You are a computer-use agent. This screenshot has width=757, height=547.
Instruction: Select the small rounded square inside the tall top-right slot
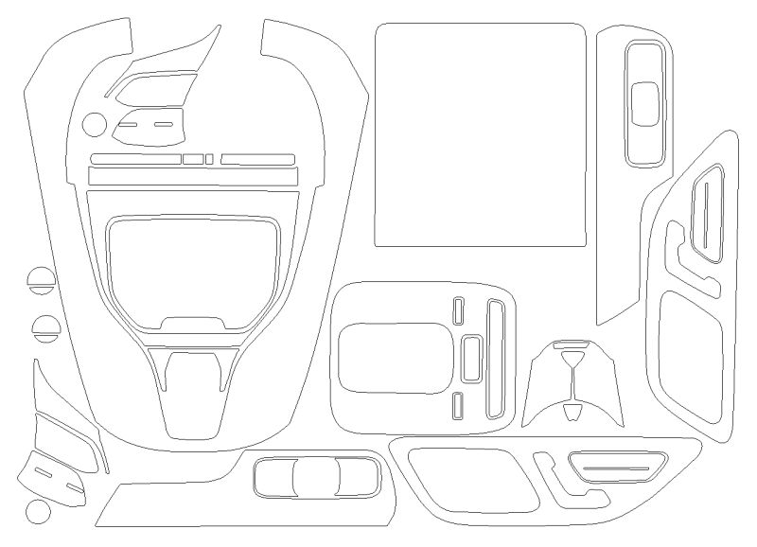[645, 101]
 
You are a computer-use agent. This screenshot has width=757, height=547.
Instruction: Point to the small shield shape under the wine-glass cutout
[573, 411]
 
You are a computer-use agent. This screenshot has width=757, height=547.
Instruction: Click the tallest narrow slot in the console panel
[494, 358]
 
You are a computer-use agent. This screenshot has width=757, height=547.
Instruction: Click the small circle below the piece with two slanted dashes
[37, 512]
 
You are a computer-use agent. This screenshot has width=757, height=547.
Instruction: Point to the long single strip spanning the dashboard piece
[192, 176]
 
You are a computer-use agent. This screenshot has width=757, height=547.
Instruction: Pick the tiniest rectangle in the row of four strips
[209, 158]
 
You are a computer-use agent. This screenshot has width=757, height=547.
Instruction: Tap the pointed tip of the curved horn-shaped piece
[217, 28]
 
